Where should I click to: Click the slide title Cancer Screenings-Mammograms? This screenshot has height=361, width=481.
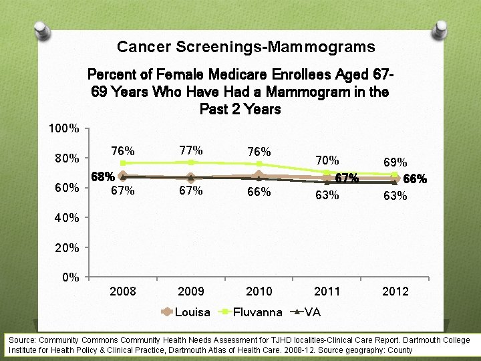[x=245, y=47]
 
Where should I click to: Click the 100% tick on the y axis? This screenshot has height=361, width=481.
[x=65, y=128]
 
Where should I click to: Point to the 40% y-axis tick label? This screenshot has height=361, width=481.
[x=67, y=218]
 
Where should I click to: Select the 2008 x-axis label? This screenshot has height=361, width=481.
[x=123, y=291]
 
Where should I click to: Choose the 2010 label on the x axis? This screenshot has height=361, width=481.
[x=259, y=291]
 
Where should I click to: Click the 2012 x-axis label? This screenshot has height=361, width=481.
[x=395, y=291]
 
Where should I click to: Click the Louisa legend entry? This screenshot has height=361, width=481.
[x=192, y=312]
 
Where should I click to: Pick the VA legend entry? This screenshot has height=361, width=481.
[x=313, y=312]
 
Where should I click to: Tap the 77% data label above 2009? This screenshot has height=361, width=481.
[x=191, y=150]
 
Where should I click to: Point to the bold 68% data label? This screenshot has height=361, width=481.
[x=102, y=178]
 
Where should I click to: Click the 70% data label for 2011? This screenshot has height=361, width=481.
[x=327, y=160]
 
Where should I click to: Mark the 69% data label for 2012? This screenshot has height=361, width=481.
[x=395, y=162]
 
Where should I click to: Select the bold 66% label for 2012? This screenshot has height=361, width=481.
[x=415, y=179]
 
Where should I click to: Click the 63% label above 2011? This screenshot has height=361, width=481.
[x=327, y=195]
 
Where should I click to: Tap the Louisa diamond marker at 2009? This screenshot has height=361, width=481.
[x=191, y=177]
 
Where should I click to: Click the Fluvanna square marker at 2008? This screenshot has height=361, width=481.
[x=123, y=163]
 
